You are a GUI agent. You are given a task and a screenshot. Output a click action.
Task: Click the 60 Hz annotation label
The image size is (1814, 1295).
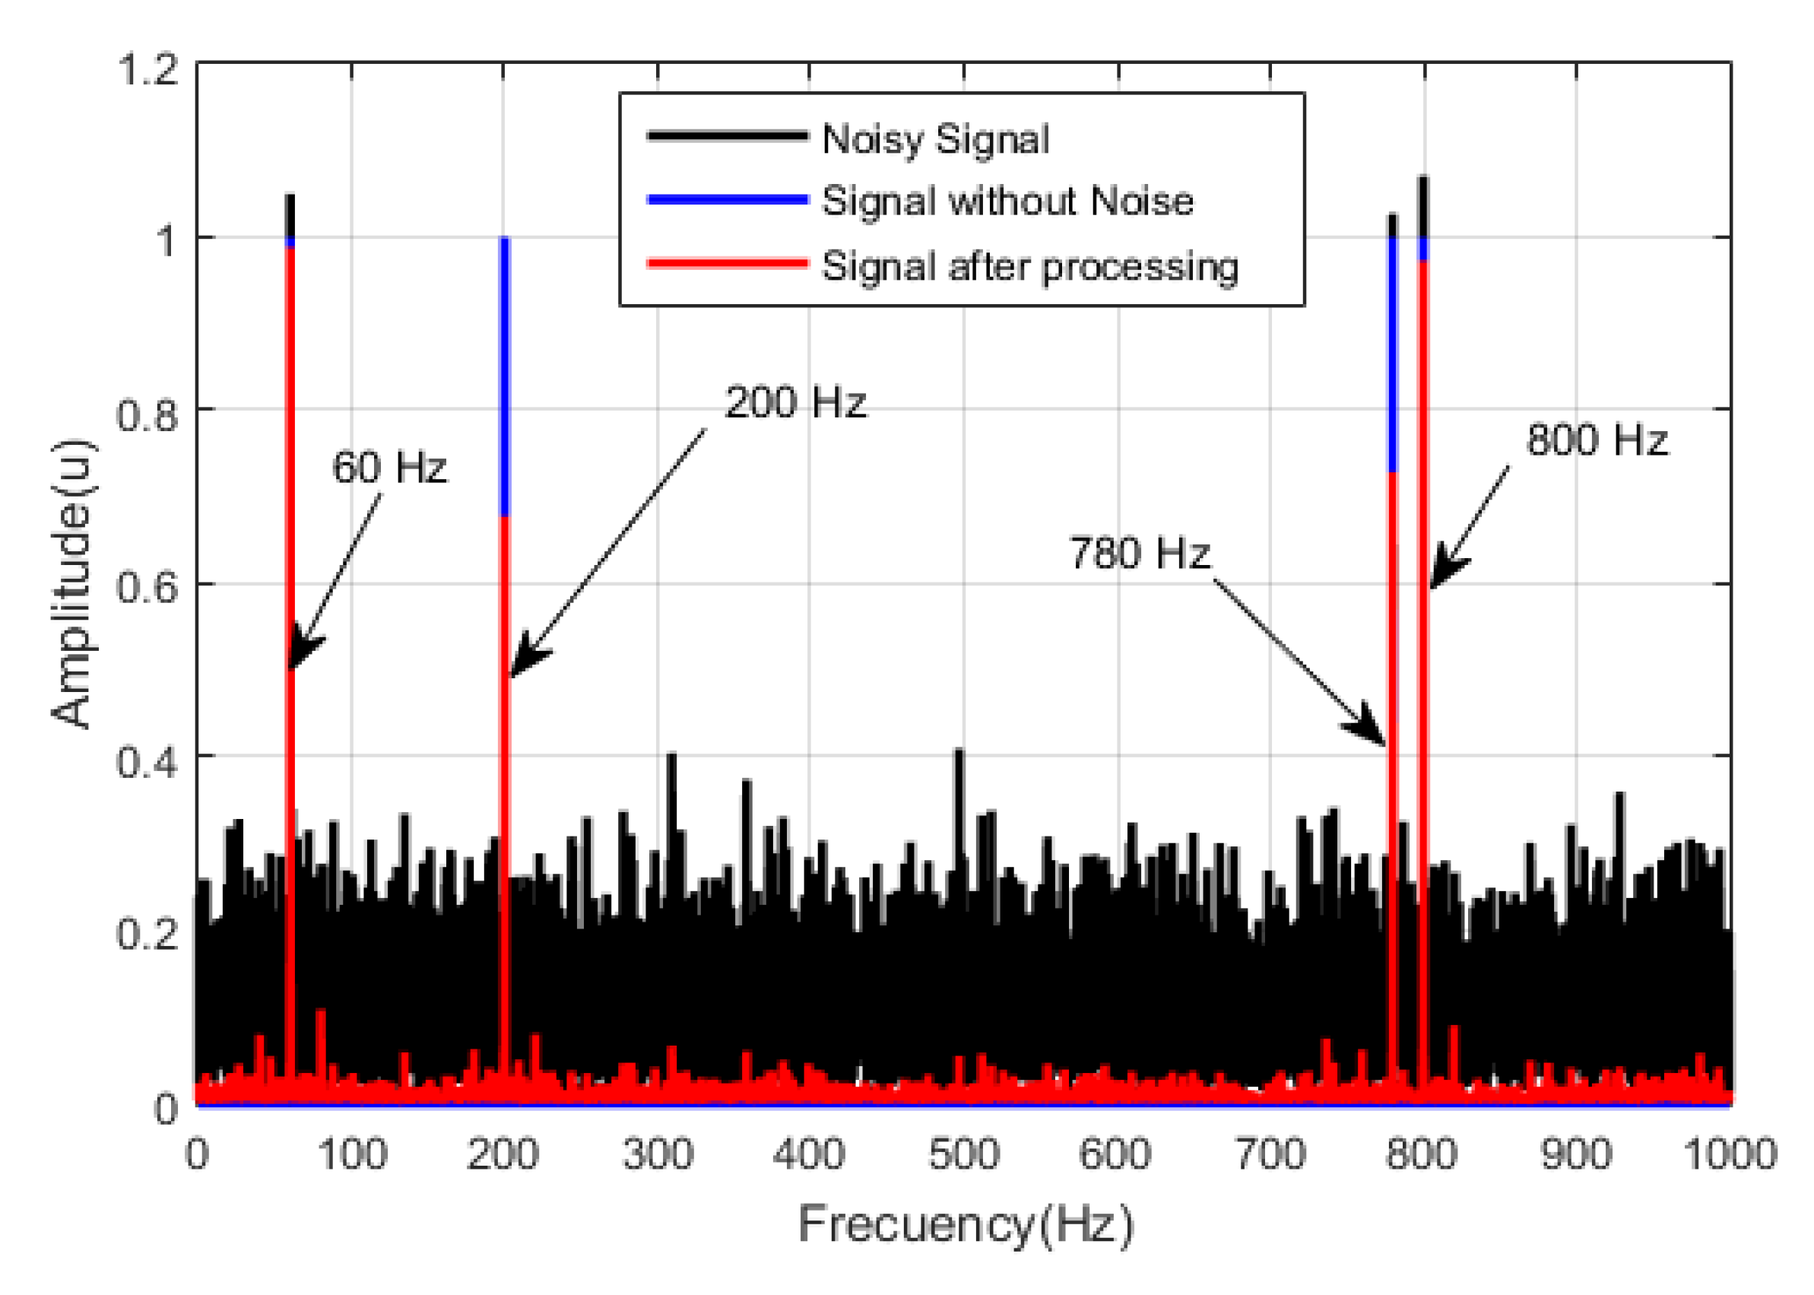coord(389,468)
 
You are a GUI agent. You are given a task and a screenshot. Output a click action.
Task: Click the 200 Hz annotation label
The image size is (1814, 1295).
coord(795,403)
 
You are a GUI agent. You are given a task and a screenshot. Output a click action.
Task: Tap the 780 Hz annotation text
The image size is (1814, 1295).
coord(1139,554)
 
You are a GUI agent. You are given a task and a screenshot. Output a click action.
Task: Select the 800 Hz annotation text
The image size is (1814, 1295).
coord(1597,440)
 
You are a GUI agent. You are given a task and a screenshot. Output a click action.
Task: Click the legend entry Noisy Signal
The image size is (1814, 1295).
coord(935,140)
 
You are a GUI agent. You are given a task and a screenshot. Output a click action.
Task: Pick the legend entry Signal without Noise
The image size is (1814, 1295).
coord(1007,201)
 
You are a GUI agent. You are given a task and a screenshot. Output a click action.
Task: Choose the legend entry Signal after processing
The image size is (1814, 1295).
coord(1029,266)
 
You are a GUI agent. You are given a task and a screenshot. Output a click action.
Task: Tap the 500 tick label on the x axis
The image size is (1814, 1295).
coord(963,1154)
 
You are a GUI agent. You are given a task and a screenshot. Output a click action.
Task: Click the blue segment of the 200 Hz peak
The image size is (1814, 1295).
coord(505,375)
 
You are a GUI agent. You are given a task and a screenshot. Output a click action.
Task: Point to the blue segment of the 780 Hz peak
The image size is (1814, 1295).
coord(1392,355)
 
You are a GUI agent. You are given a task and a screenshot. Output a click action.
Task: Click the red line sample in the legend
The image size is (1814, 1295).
coord(727,263)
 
